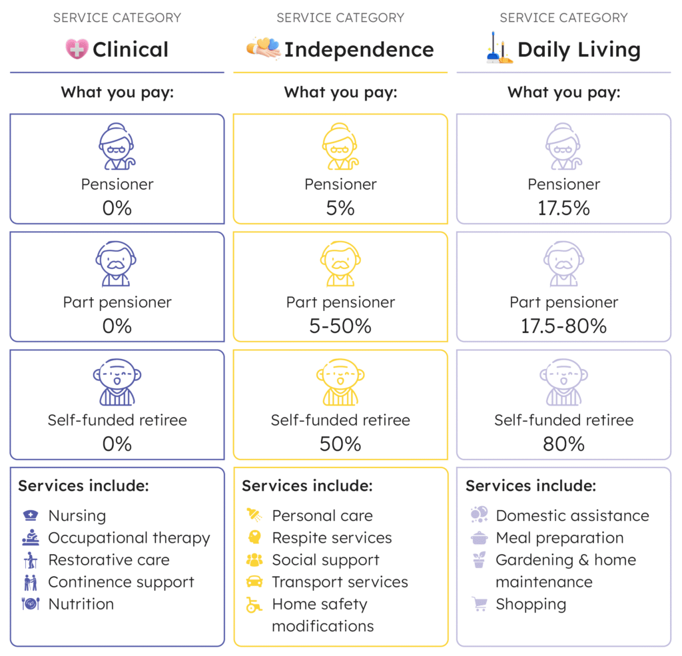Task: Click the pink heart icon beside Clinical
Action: pyautogui.click(x=77, y=49)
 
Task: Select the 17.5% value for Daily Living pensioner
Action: pyautogui.click(x=563, y=208)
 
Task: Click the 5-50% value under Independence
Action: pyautogui.click(x=340, y=326)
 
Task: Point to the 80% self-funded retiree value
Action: pyautogui.click(x=563, y=444)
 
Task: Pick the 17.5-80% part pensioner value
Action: pyautogui.click(x=563, y=326)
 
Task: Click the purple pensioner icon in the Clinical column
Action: pyautogui.click(x=117, y=147)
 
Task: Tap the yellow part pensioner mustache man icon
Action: pyautogui.click(x=340, y=264)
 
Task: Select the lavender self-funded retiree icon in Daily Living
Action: pyautogui.click(x=563, y=382)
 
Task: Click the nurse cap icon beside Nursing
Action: pyautogui.click(x=31, y=515)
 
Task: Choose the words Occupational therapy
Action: pyautogui.click(x=129, y=538)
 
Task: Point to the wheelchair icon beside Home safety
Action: pyautogui.click(x=254, y=605)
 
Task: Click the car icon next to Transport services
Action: pyautogui.click(x=254, y=582)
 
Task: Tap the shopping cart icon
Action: pyautogui.click(x=478, y=604)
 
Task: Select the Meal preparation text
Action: pyautogui.click(x=559, y=538)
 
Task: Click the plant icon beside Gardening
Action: pyautogui.click(x=478, y=560)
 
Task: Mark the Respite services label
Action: pyautogui.click(x=332, y=538)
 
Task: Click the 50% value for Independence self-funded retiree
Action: pyautogui.click(x=340, y=444)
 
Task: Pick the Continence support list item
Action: pyautogui.click(x=121, y=582)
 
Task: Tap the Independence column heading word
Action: pyautogui.click(x=359, y=50)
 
